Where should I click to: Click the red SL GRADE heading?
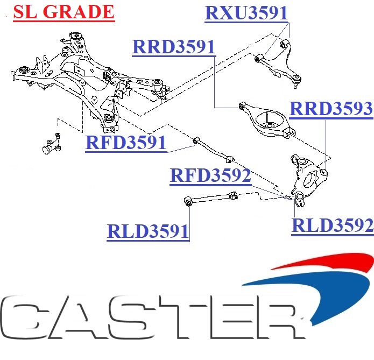tap(63, 11)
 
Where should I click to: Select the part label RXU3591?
tap(246, 12)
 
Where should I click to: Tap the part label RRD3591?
tap(173, 47)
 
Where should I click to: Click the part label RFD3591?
tap(125, 143)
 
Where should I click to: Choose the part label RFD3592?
tap(210, 176)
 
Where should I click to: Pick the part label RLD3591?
tap(148, 231)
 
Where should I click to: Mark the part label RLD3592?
tap(332, 225)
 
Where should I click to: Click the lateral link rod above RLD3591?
tap(210, 199)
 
